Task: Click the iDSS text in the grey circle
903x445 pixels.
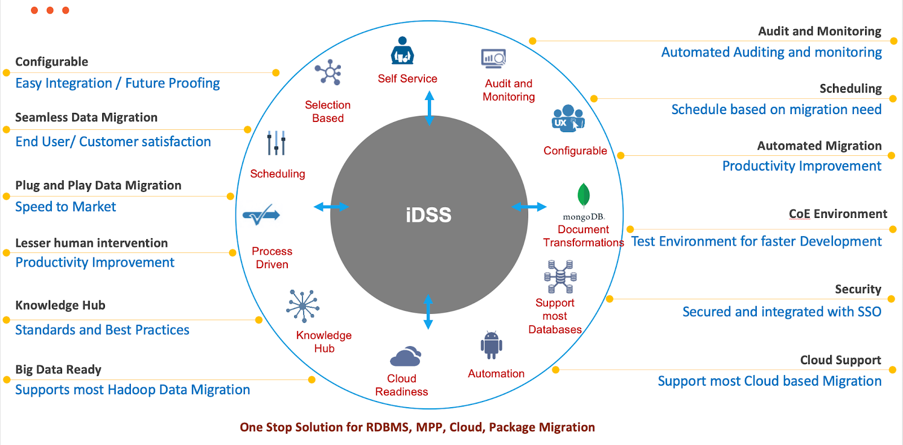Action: pyautogui.click(x=428, y=215)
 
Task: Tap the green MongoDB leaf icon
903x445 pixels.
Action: pyautogui.click(x=584, y=195)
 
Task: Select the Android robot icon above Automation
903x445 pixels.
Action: pyautogui.click(x=491, y=345)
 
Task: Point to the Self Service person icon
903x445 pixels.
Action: pyautogui.click(x=402, y=51)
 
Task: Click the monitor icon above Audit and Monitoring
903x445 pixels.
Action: pyautogui.click(x=493, y=59)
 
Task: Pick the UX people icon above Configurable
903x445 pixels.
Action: pyautogui.click(x=568, y=119)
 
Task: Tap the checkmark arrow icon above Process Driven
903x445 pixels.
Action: pyautogui.click(x=261, y=215)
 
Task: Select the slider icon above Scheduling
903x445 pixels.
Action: pyautogui.click(x=276, y=143)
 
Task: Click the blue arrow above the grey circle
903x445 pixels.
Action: pyautogui.click(x=429, y=108)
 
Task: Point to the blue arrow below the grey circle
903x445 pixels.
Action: pyautogui.click(x=428, y=312)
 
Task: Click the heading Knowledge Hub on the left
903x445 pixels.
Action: pyautogui.click(x=60, y=306)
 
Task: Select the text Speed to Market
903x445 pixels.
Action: pyautogui.click(x=65, y=207)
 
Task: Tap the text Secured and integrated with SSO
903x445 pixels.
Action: pyautogui.click(x=782, y=312)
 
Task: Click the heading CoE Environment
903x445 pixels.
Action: pyautogui.click(x=838, y=214)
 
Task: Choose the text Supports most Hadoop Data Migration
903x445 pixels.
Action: pyautogui.click(x=133, y=390)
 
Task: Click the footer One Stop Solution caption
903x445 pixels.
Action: pyautogui.click(x=417, y=427)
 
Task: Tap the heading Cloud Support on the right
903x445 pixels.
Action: pyautogui.click(x=840, y=360)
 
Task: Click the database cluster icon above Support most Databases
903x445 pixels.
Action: pyautogui.click(x=560, y=277)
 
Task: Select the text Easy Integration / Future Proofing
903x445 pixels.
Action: pyautogui.click(x=117, y=84)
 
